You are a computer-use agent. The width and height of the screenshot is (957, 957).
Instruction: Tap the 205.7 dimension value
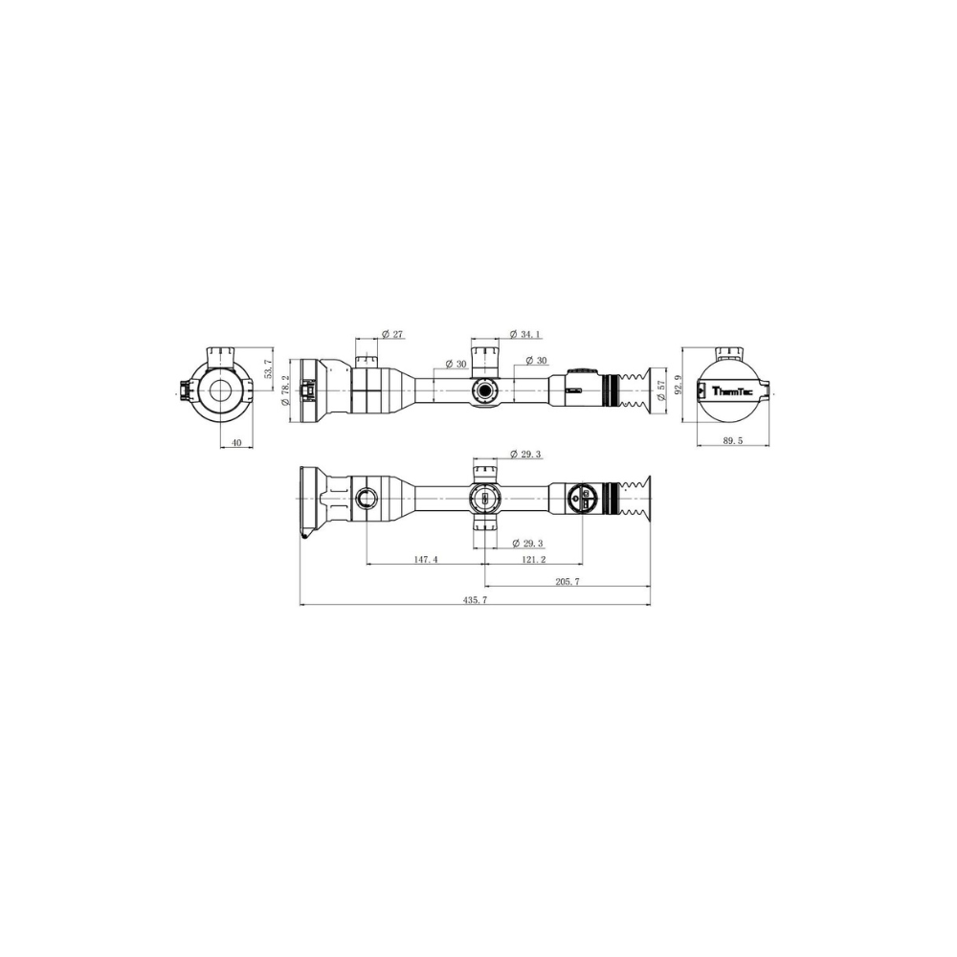point(566,581)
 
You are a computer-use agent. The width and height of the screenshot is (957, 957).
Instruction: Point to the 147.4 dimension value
point(426,560)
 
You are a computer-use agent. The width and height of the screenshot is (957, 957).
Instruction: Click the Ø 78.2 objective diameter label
point(285,389)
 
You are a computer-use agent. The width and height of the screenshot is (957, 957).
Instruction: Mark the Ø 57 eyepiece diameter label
point(660,390)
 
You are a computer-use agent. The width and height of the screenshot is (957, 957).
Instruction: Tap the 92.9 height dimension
point(679,386)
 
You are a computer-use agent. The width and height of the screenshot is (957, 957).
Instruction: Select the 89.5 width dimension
point(733,441)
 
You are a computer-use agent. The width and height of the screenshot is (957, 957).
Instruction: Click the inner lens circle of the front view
point(221,390)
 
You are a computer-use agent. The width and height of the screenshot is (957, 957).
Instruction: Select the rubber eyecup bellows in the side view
point(633,390)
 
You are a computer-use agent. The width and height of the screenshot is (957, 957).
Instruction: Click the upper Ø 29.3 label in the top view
point(526,454)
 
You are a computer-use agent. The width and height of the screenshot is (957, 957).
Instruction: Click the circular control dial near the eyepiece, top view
point(582,498)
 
